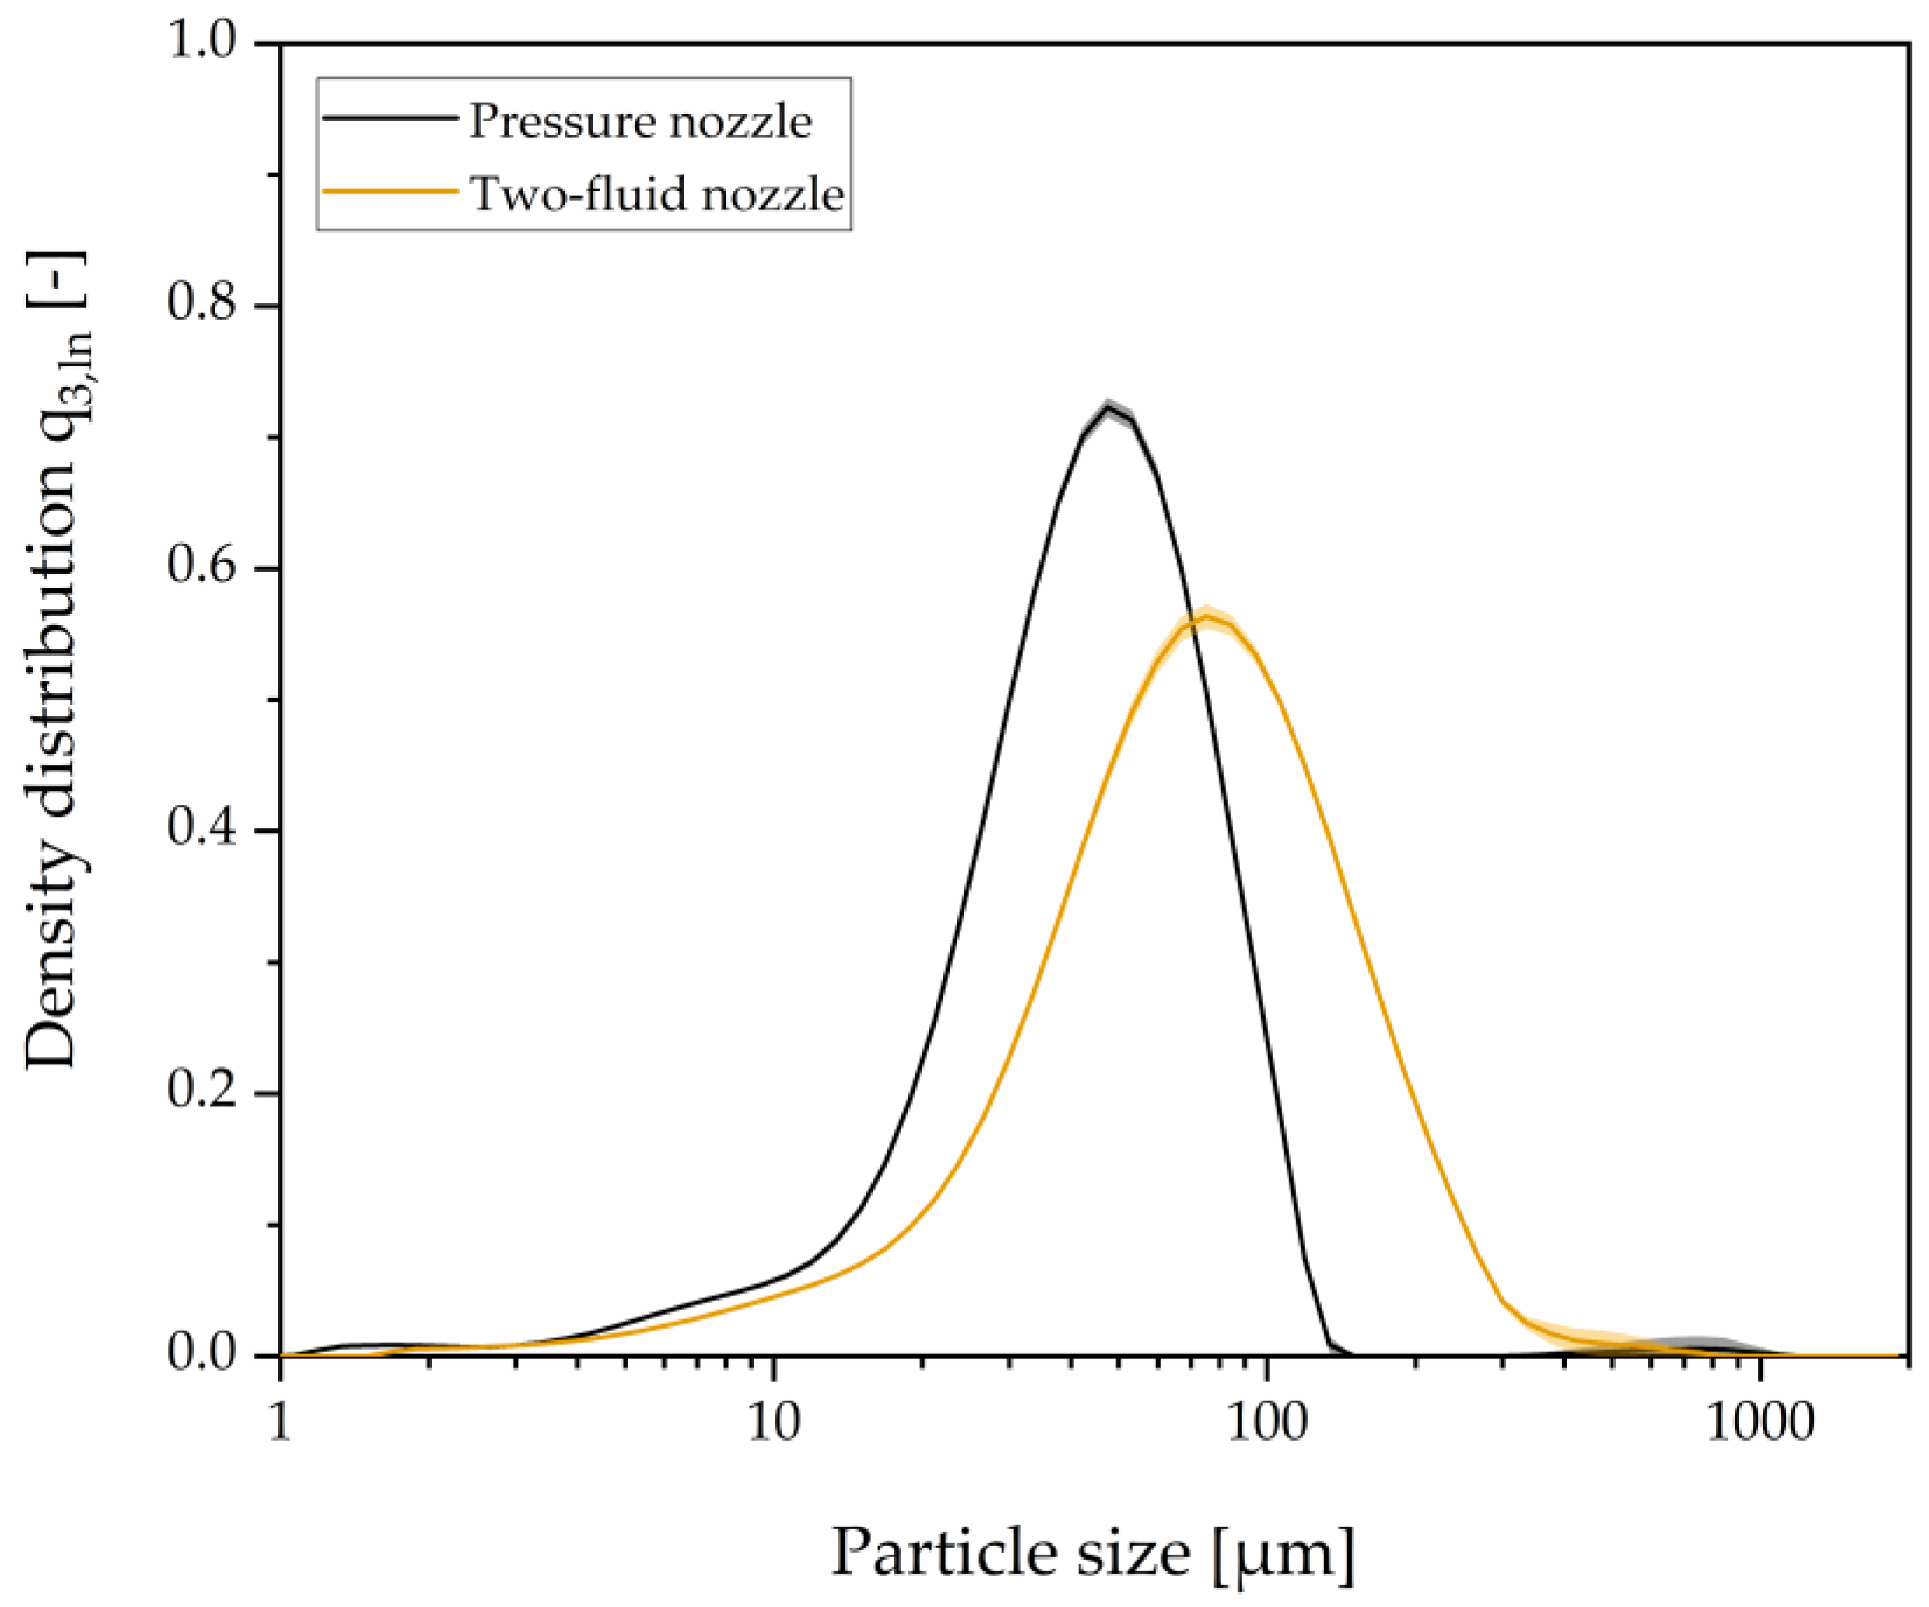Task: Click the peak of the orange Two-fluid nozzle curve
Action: coord(1206,614)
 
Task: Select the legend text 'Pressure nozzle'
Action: coord(640,121)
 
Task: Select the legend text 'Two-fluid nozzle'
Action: coord(656,194)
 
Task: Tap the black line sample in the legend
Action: coord(390,117)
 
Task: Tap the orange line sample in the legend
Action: coord(390,191)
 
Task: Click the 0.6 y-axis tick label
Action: coord(201,567)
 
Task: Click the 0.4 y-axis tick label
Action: coord(201,830)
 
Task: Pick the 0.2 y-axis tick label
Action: coord(201,1093)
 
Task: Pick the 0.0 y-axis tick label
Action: coord(201,1354)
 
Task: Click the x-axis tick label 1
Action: coord(279,1423)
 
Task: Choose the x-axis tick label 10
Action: coord(773,1423)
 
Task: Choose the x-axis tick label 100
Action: coord(1268,1423)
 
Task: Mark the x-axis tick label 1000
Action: coord(1761,1423)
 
